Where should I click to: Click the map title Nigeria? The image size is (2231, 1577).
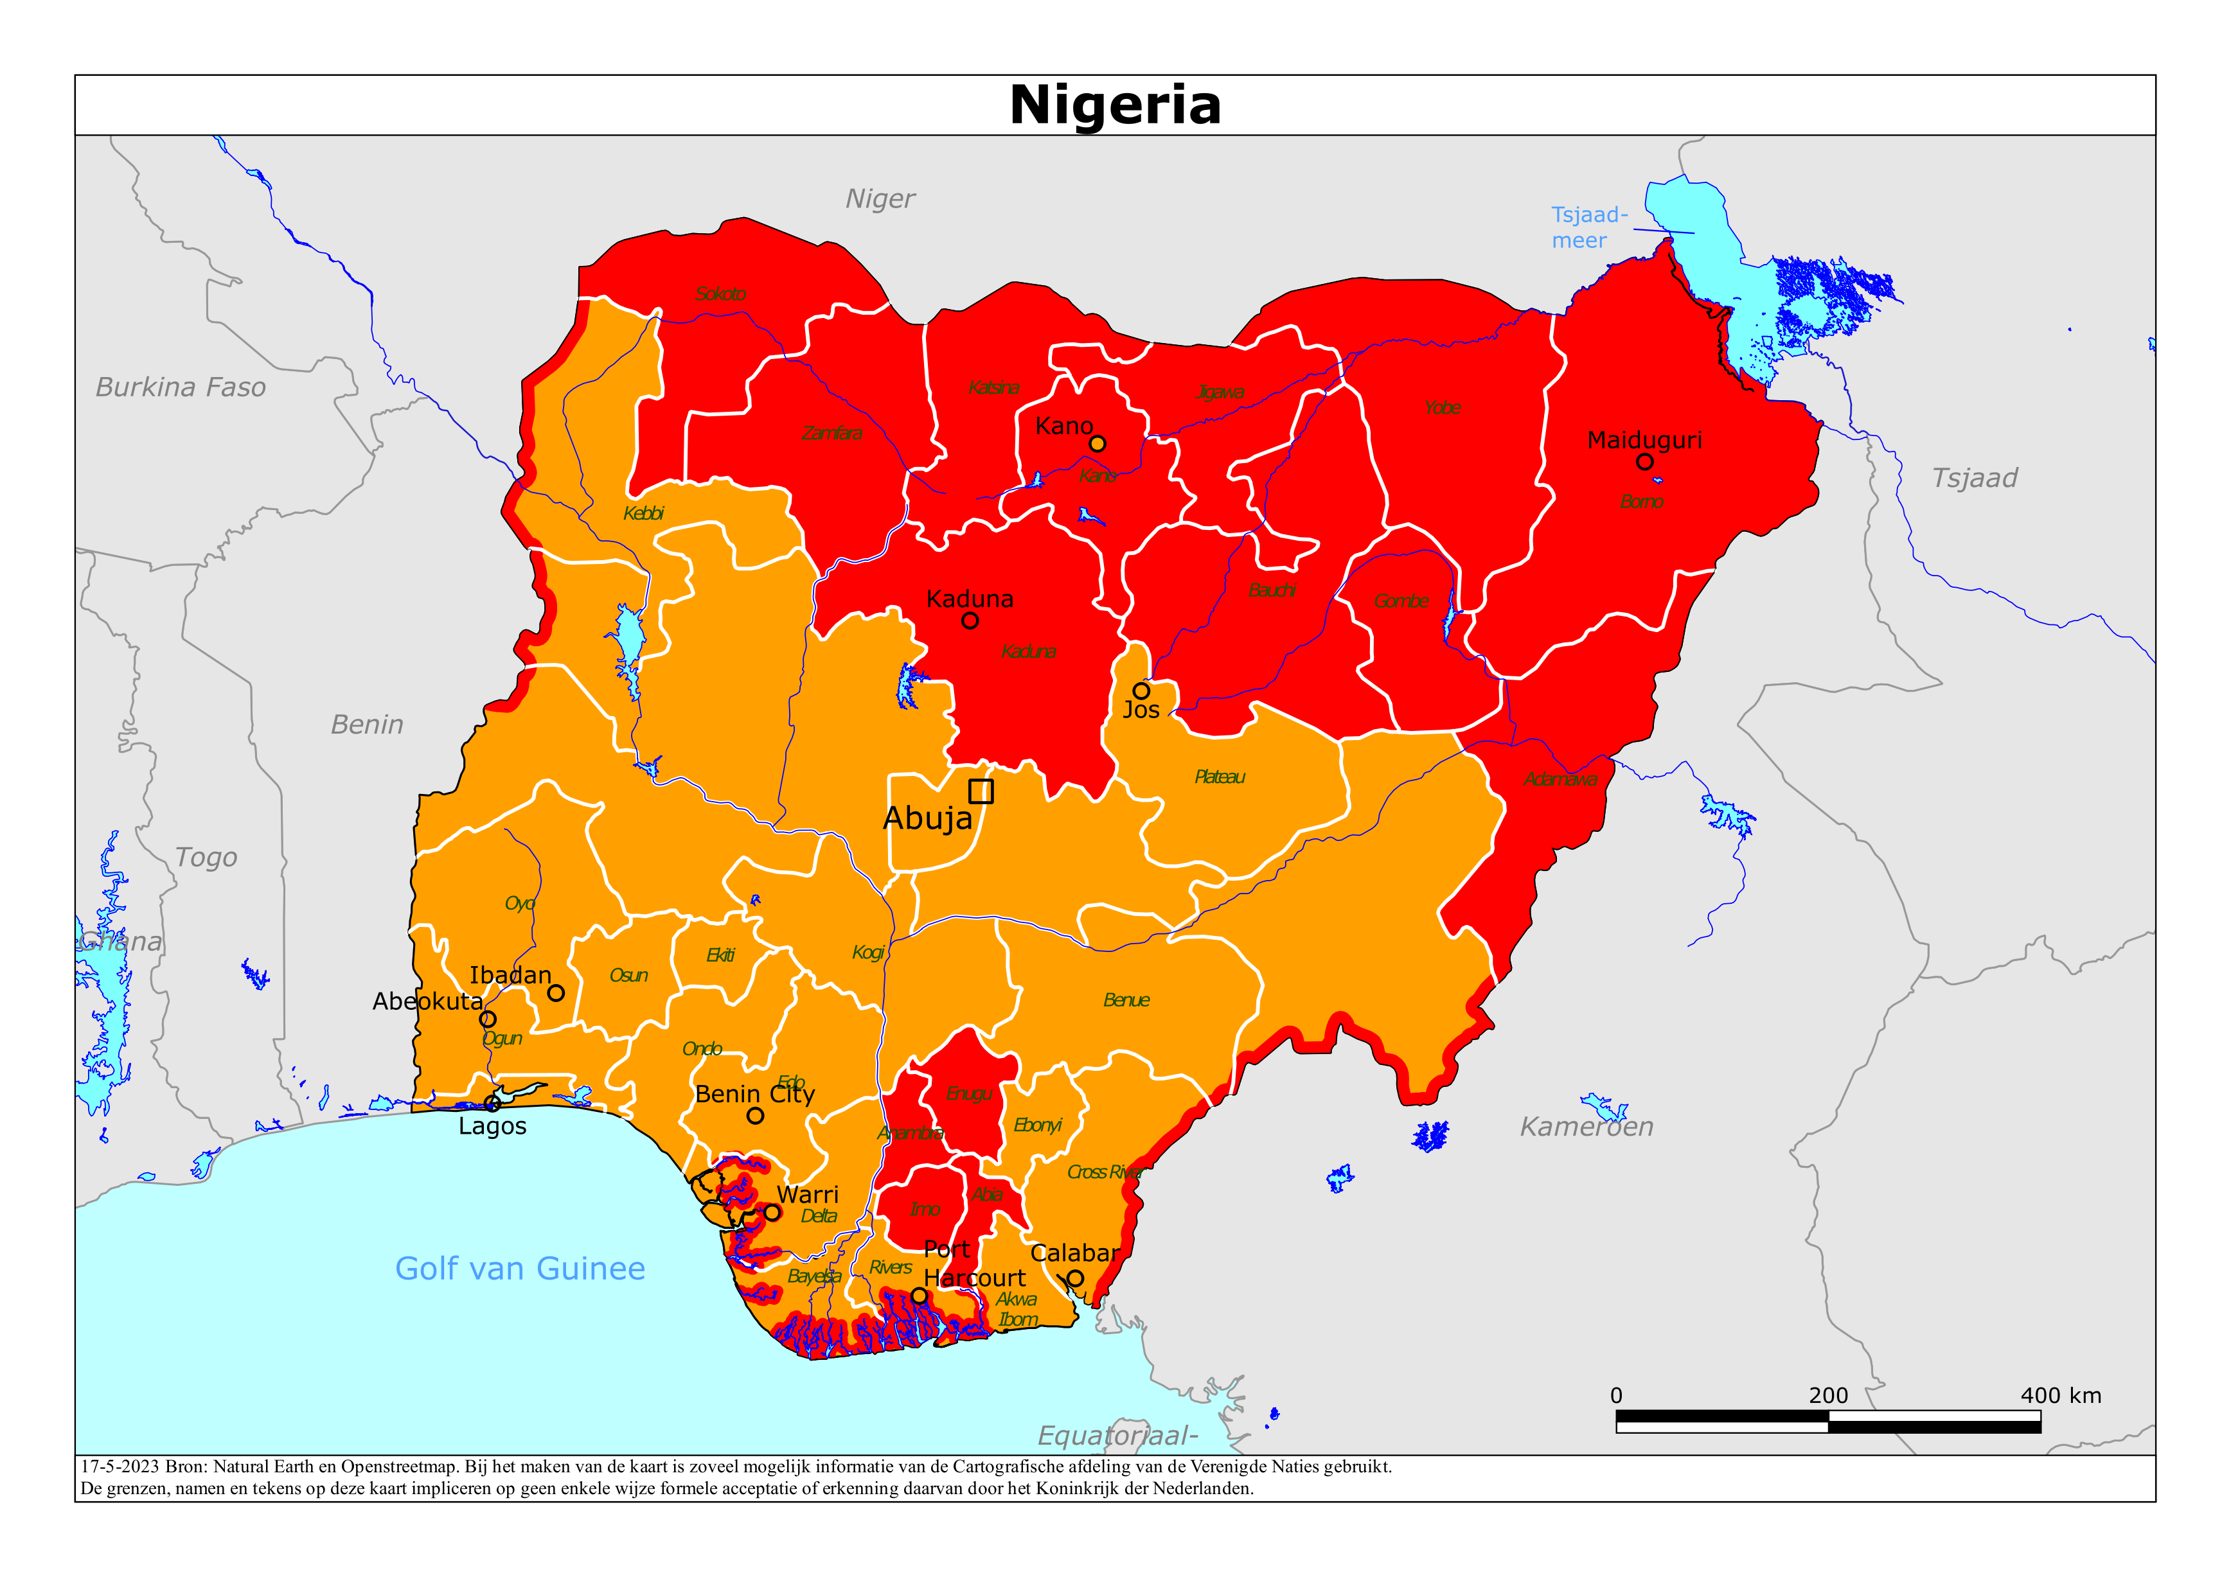coord(1114,105)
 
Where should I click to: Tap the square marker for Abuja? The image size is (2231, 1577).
coord(981,791)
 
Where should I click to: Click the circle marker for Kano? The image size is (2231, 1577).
coord(1097,443)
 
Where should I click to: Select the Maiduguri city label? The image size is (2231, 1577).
coord(1644,440)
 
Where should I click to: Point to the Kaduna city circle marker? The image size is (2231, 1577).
coord(970,621)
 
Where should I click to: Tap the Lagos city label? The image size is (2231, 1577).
coord(493,1126)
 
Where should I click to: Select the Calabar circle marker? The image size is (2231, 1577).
coord(1074,1278)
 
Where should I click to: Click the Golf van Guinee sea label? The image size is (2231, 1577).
coord(520,1268)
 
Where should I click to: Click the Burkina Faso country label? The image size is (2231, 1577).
coord(181,387)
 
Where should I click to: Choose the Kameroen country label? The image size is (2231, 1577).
coord(1586,1126)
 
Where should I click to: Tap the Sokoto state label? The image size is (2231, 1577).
coord(720,294)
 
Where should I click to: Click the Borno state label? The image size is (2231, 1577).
coord(1641,502)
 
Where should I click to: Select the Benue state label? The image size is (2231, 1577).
coord(1126,1000)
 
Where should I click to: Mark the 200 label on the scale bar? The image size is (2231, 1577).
coord(1827,1395)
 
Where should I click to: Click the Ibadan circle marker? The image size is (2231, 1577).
coord(556,993)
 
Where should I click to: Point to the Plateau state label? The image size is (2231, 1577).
coord(1220,777)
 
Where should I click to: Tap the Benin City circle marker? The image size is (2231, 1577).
coord(755,1116)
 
